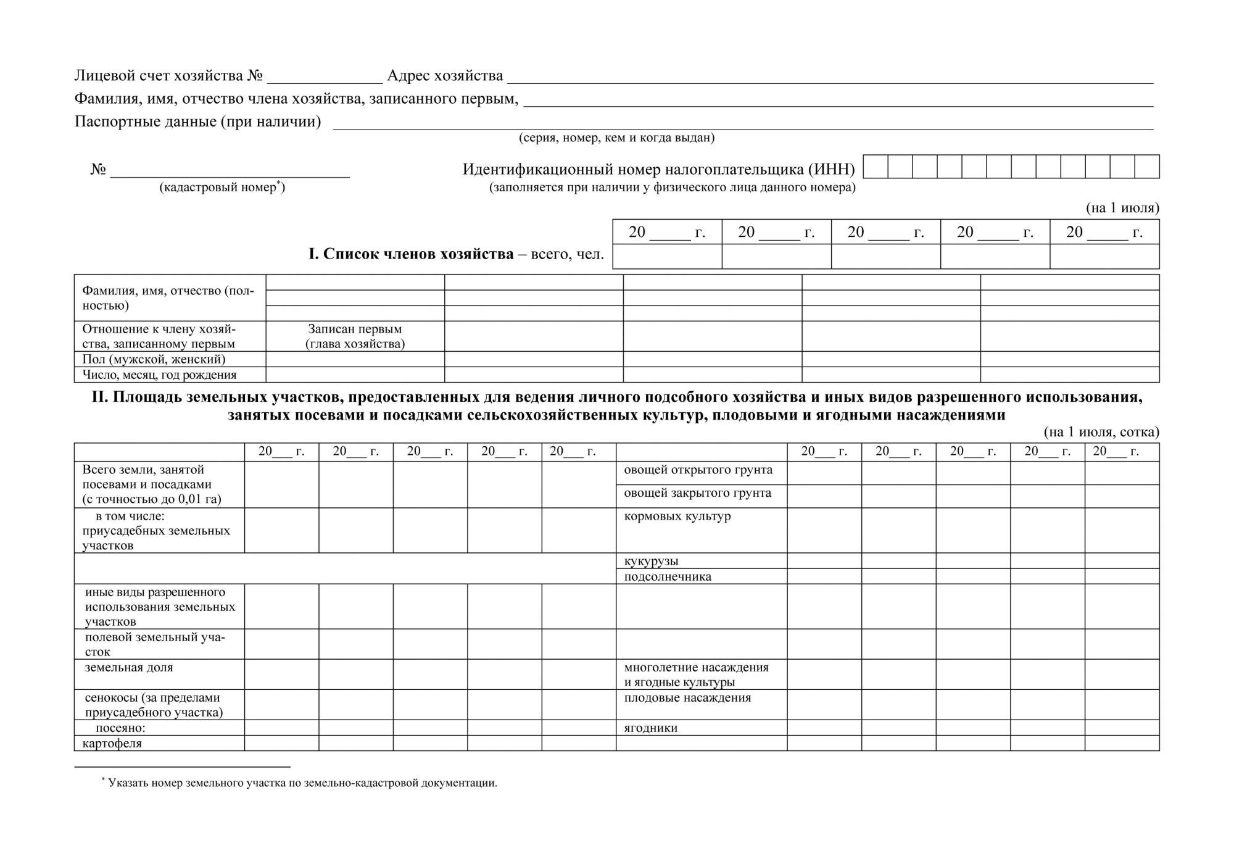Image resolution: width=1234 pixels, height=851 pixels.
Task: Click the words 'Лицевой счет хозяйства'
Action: coord(159,76)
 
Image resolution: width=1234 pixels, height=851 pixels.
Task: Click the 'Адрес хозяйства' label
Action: coord(445,76)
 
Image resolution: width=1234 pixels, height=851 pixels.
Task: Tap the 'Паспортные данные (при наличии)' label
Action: coord(197,122)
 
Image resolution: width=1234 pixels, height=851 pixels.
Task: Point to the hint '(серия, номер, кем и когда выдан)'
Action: coord(616,138)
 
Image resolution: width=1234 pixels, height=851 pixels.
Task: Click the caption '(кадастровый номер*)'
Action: coord(222,187)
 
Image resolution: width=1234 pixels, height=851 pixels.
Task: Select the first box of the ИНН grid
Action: coord(876,167)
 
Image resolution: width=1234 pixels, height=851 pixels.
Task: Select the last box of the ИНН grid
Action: coord(1147,167)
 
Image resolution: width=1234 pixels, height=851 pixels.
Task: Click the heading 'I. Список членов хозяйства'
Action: coord(411,254)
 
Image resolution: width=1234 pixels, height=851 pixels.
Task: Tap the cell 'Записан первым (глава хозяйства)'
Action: coord(355,336)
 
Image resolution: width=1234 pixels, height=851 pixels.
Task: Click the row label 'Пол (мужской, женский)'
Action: coord(154,359)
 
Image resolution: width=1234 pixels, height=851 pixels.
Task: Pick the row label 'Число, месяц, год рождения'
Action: coord(159,375)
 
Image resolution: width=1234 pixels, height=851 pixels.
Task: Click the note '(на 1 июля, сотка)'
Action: coord(1101,432)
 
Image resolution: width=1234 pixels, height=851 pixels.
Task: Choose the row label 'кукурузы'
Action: coord(651,561)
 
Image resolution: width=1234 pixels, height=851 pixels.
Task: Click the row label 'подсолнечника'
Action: coord(668,576)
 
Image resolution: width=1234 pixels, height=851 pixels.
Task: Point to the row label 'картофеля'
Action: coord(112,743)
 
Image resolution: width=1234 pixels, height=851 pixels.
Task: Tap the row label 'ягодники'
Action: coord(650,728)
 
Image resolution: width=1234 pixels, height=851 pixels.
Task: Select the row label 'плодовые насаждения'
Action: coord(687,698)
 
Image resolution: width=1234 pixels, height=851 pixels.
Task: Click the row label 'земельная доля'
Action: coord(129,668)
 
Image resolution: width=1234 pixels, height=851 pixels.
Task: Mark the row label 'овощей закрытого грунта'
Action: coord(697,493)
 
